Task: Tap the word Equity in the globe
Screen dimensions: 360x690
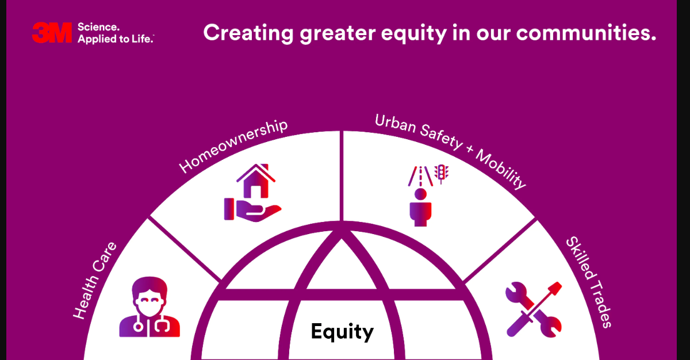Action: [x=342, y=331]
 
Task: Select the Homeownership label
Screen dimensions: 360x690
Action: [x=233, y=147]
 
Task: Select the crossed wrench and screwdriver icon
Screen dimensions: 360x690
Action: [x=534, y=309]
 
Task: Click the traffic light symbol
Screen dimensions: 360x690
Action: [x=442, y=172]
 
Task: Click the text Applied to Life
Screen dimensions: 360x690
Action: [x=115, y=39]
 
